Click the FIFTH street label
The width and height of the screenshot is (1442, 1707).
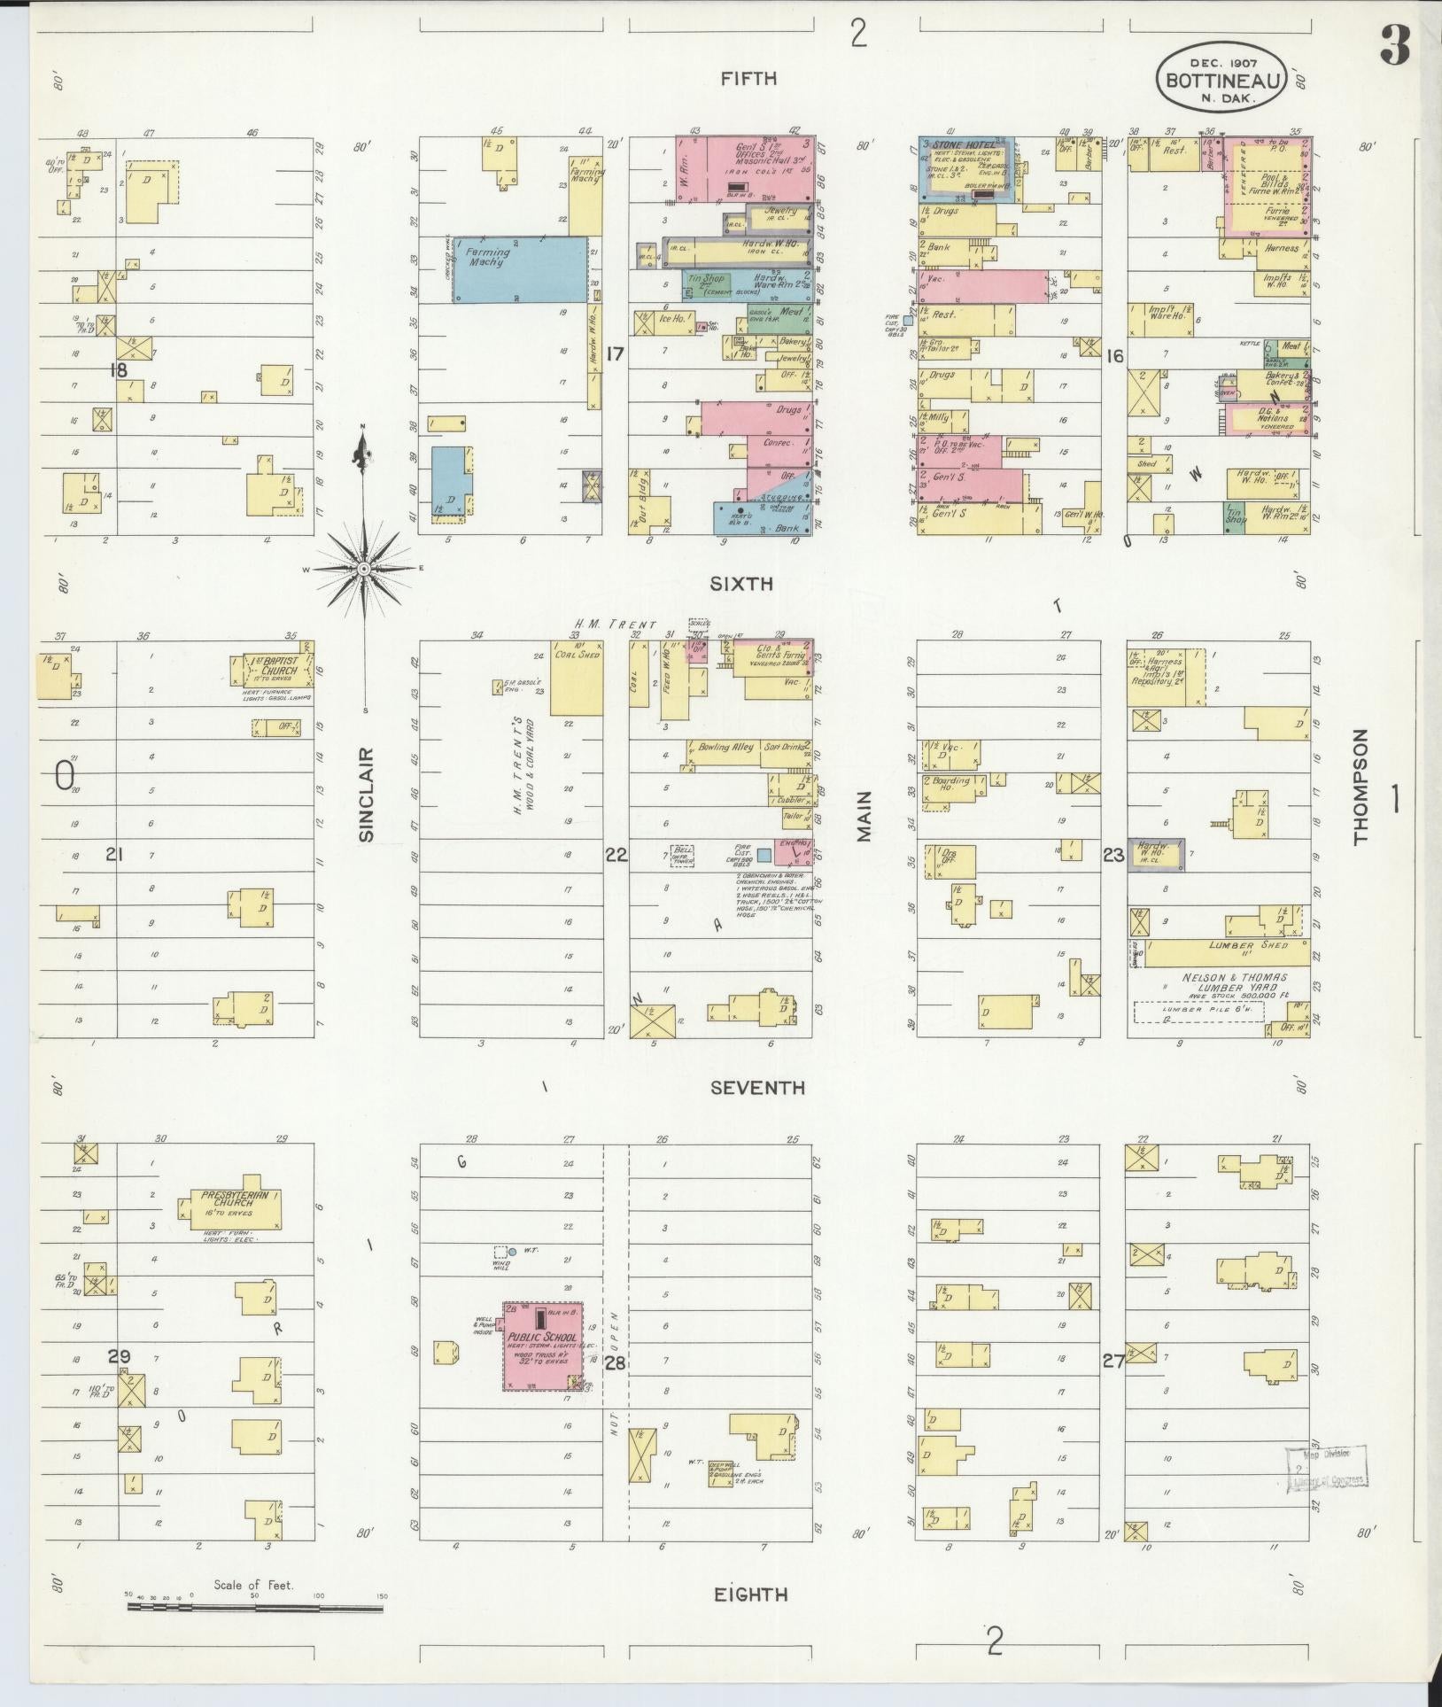point(748,79)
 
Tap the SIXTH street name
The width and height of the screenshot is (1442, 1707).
point(741,584)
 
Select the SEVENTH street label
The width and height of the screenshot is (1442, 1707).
point(757,1088)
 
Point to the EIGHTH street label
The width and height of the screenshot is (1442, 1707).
point(750,1594)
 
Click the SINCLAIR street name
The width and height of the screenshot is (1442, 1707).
point(367,795)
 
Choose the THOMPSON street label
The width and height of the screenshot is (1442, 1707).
point(1361,787)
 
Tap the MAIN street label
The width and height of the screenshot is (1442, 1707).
point(864,816)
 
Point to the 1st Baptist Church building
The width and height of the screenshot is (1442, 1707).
point(275,671)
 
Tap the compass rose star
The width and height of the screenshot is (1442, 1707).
point(364,569)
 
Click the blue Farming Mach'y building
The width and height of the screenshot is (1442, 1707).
point(520,269)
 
